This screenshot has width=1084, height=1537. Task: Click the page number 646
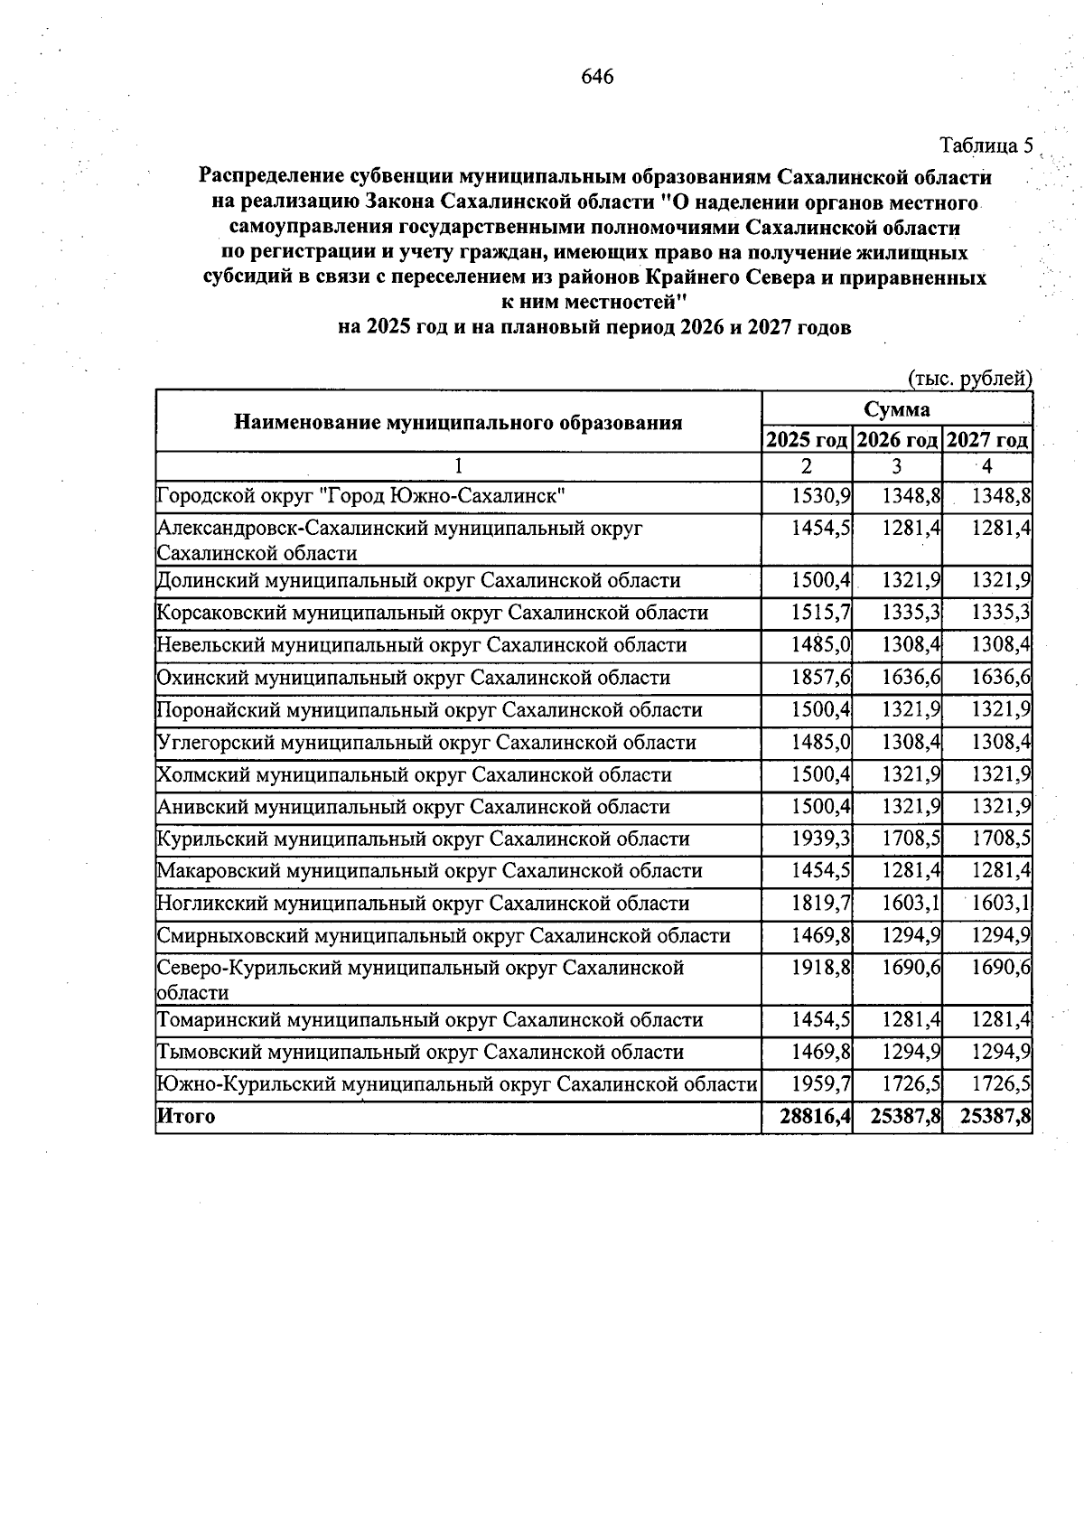597,77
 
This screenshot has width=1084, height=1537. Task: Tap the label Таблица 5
986,145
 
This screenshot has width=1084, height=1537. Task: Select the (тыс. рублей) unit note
969,379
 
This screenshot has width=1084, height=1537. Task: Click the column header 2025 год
807,440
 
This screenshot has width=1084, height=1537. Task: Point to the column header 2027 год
987,440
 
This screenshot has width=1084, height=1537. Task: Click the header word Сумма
896,409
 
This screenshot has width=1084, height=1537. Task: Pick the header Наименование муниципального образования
458,422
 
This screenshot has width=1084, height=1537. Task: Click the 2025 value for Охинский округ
820,678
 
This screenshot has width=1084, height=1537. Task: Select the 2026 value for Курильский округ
911,839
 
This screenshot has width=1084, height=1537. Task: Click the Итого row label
186,1117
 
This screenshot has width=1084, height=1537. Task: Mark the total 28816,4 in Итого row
816,1117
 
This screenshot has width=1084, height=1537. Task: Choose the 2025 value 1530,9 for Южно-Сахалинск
820,496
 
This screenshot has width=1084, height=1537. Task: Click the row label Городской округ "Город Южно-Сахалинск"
361,496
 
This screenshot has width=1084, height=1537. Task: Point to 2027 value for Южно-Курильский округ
1001,1084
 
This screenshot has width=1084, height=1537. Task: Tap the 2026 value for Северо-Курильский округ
911,968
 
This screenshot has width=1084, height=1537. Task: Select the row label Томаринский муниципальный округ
429,1020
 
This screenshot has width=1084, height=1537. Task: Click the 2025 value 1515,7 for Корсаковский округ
820,614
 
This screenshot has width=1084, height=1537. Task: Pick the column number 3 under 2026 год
896,467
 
